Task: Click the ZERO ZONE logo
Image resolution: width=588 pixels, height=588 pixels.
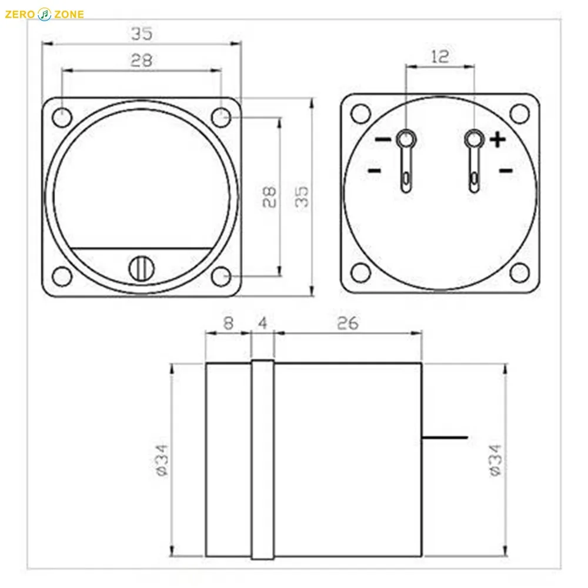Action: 44,14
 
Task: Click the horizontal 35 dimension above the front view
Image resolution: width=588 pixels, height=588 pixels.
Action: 142,34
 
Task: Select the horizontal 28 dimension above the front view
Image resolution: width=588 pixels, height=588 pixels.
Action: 142,60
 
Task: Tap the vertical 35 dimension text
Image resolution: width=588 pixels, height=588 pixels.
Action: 301,198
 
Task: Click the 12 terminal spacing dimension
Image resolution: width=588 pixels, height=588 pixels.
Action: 439,56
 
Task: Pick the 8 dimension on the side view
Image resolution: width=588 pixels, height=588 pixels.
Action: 228,323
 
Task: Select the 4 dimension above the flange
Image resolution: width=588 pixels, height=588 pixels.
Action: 262,323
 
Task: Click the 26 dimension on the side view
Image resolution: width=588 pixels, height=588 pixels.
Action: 348,323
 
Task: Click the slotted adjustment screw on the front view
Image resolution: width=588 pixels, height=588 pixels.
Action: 141,268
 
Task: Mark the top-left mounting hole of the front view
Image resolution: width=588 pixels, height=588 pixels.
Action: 61,116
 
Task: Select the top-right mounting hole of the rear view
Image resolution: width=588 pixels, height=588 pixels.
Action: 519,112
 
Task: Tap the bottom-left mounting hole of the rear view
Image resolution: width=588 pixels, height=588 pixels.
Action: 360,272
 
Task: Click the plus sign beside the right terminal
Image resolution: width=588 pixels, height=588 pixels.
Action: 497,140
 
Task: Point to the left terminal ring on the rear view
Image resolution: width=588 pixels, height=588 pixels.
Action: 405,139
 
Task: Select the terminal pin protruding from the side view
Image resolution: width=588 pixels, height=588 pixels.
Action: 445,437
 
